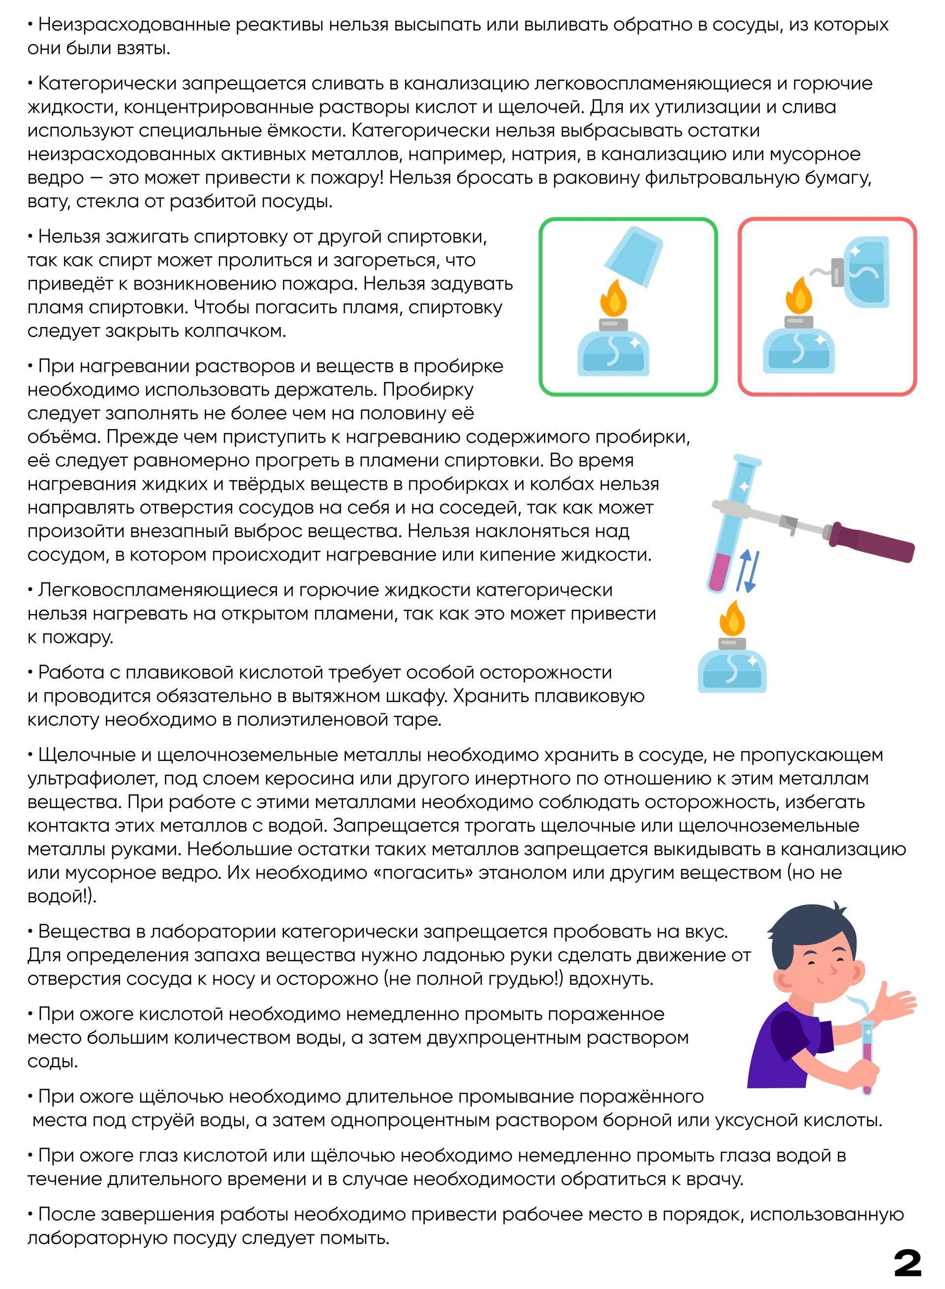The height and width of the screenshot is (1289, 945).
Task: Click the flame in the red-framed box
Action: [x=799, y=294]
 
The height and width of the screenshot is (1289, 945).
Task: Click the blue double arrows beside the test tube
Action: [x=748, y=571]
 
